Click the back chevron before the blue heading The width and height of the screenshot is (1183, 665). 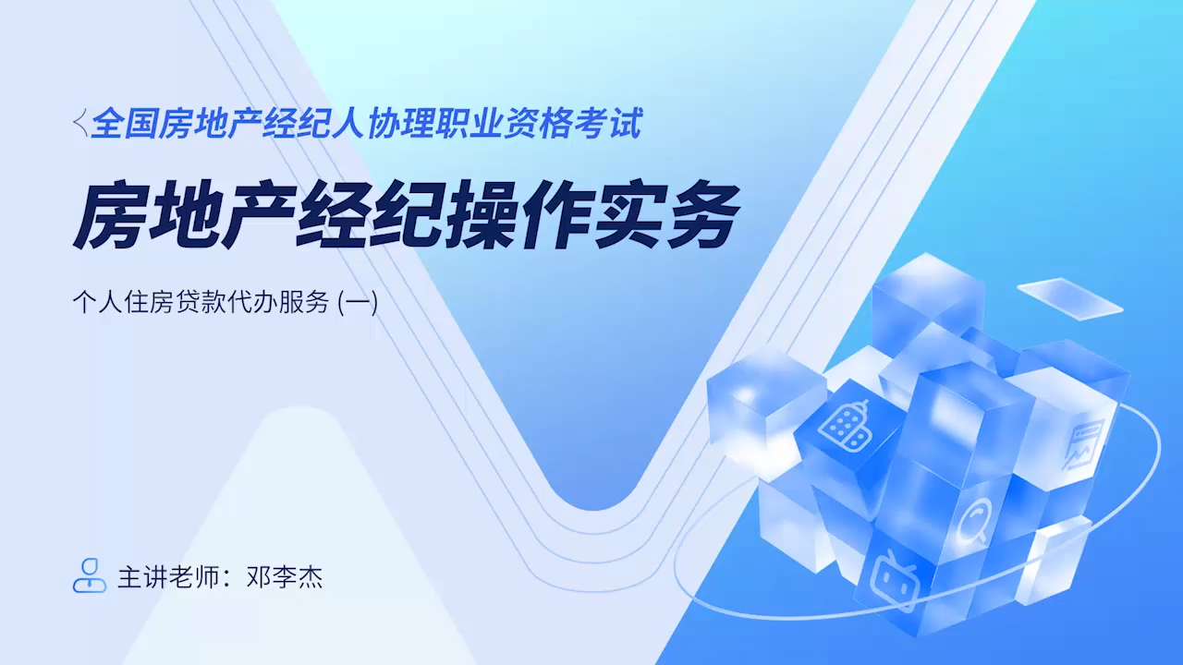coord(80,123)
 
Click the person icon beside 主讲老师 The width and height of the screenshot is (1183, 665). coord(90,575)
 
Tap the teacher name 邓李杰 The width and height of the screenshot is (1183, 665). coord(285,577)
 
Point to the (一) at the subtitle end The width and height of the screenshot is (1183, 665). coord(358,302)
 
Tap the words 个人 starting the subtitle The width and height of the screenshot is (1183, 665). coord(98,302)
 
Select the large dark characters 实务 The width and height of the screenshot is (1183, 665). coord(665,214)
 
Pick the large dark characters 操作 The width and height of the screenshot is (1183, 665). coord(517,214)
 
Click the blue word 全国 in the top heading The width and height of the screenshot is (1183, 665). coord(125,124)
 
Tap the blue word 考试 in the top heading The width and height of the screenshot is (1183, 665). coord(608,124)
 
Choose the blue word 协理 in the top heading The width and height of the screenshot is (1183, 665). coord(401,124)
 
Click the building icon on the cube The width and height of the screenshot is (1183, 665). coord(846,426)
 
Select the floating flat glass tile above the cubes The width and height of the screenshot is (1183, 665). coord(1070,297)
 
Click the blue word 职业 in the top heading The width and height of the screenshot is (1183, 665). coord(470,124)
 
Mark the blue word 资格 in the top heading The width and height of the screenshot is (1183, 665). coord(539,124)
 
